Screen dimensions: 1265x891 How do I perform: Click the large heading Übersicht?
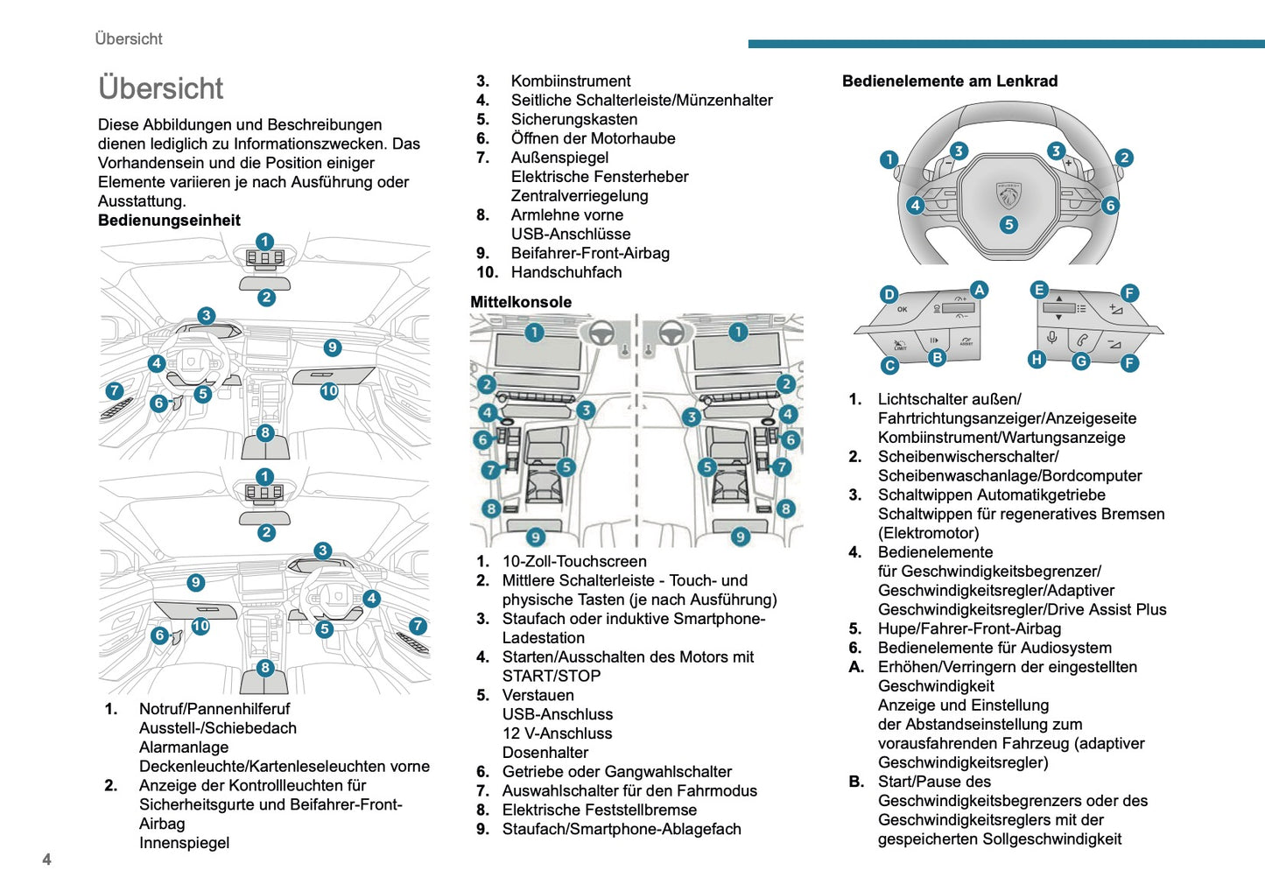tap(160, 88)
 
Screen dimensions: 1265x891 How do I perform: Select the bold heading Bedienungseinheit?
tap(169, 221)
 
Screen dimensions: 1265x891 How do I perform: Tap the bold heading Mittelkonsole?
tap(521, 302)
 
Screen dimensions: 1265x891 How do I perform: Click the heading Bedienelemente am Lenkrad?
tap(950, 81)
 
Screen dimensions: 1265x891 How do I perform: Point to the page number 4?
tap(47, 859)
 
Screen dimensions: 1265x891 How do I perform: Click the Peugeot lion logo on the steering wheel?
tap(1008, 195)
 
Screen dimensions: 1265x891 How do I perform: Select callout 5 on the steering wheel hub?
tap(1008, 225)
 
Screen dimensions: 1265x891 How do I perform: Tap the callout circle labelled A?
tap(979, 291)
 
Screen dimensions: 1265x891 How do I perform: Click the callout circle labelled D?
tap(889, 294)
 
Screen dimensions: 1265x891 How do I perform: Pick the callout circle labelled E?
tap(1039, 291)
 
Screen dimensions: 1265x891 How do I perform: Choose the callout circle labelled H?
tap(1037, 359)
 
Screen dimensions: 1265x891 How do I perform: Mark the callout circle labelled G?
tap(1081, 361)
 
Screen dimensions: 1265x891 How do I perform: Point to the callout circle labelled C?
tap(889, 366)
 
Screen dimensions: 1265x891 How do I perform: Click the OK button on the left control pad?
tap(903, 310)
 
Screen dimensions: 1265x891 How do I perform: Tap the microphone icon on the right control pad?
tap(1051, 338)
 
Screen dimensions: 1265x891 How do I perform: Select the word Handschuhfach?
tap(566, 272)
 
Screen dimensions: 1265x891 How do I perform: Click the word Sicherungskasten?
tap(574, 119)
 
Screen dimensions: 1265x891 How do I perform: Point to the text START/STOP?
tap(552, 676)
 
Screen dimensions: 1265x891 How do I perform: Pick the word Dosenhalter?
tap(545, 753)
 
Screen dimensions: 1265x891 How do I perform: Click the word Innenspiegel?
tap(184, 843)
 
